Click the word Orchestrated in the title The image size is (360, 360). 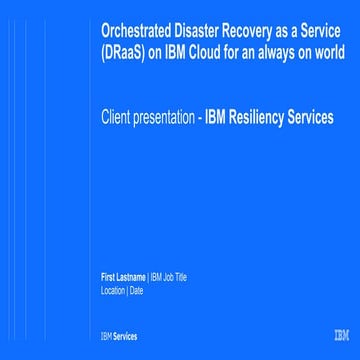136,30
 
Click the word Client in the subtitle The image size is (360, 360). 116,117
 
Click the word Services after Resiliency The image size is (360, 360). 310,117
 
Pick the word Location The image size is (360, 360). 113,291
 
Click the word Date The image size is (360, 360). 136,291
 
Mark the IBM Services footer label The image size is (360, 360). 118,336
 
